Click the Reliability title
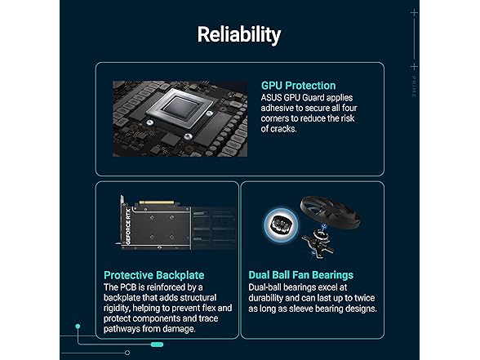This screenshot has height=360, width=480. pos(239,34)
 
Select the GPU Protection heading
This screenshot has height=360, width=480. pos(299,86)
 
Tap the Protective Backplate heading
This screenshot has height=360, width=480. pos(154,275)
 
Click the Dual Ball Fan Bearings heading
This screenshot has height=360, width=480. pos(301,275)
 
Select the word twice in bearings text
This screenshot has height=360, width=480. pos(364,298)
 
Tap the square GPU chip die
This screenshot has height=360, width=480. pos(180,108)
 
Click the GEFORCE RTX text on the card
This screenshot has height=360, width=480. pos(128,226)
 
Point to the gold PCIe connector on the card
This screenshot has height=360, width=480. pos(157,202)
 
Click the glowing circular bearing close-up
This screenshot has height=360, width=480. pos(281,225)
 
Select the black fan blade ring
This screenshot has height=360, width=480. pos(330,210)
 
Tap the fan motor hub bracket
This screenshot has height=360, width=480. pos(317,242)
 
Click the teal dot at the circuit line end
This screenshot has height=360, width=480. pos(78,327)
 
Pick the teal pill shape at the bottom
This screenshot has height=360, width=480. pos(157,344)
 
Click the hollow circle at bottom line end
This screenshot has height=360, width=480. pos(127,353)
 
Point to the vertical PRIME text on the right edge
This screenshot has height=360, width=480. pos(414,87)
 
